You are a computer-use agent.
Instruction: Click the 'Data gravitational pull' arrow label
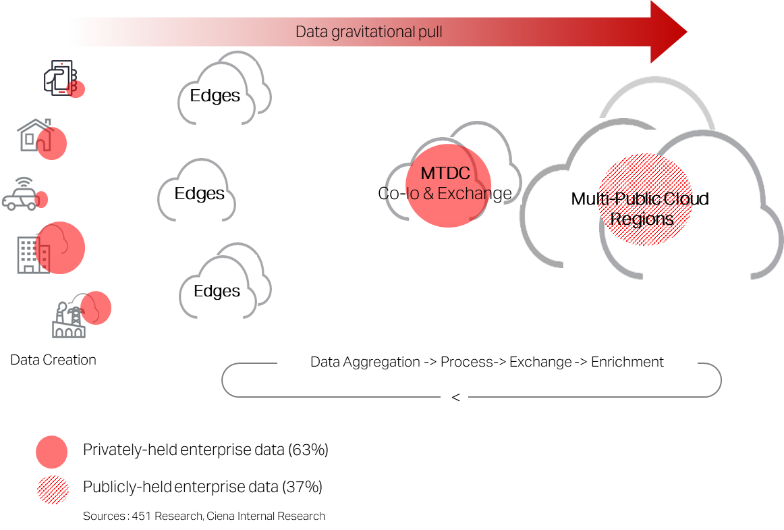(x=369, y=32)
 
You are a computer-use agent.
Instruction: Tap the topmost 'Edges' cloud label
(x=215, y=96)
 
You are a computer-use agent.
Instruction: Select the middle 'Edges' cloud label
(x=199, y=194)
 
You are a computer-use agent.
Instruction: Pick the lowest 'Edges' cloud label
(x=217, y=291)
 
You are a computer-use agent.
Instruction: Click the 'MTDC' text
(x=445, y=174)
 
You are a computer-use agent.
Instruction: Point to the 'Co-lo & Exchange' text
(x=447, y=194)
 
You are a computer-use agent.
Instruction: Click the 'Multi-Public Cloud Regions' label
(x=640, y=209)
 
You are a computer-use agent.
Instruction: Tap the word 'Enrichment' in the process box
(x=627, y=362)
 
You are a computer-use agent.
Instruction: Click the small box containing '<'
(x=455, y=398)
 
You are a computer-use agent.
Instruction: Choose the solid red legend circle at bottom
(x=52, y=452)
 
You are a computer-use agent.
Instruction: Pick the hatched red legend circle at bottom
(x=53, y=490)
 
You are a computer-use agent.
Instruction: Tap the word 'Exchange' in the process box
(x=540, y=362)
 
